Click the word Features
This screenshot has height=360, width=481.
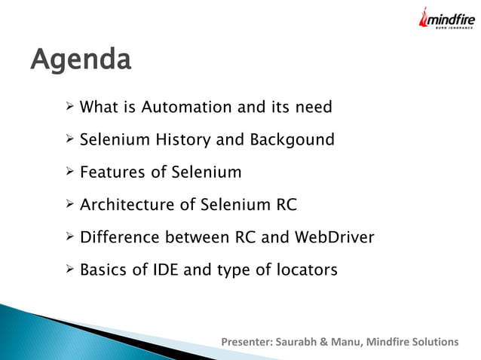tap(113, 172)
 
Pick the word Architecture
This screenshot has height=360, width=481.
tap(127, 205)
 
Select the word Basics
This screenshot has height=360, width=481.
tap(104, 270)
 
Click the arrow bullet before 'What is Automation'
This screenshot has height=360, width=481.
tap(69, 107)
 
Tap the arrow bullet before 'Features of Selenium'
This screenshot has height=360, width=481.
tap(69, 172)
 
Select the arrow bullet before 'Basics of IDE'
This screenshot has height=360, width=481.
tap(69, 270)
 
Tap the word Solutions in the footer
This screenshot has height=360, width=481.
tap(434, 343)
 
